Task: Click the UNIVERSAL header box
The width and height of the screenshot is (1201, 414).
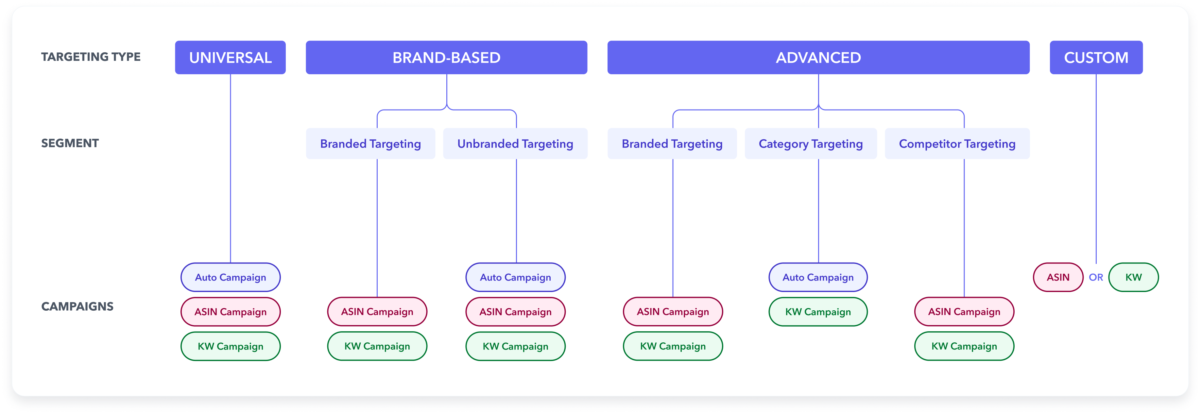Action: point(230,57)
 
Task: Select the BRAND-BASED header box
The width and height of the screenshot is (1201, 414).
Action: point(446,57)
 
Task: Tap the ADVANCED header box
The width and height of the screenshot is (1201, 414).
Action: point(818,57)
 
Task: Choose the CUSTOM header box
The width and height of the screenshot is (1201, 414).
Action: point(1096,57)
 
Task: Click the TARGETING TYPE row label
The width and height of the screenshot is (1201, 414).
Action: point(91,57)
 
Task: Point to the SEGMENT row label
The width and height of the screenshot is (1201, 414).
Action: point(70,143)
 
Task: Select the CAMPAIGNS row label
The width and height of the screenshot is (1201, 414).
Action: point(77,306)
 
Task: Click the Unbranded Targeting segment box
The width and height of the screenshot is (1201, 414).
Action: point(515,144)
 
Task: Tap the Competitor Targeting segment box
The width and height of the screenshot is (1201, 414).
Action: point(957,144)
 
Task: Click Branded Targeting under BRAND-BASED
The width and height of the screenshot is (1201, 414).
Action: point(370,144)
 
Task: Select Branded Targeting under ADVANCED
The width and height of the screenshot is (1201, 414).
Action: point(672,144)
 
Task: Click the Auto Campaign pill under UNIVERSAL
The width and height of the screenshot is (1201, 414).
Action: point(230,277)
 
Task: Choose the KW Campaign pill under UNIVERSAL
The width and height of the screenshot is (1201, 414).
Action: point(230,346)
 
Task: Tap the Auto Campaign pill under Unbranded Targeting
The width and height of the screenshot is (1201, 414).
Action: point(515,277)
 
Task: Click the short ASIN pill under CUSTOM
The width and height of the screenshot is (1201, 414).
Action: point(1058,277)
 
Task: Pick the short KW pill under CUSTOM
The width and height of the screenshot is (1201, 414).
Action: point(1133,277)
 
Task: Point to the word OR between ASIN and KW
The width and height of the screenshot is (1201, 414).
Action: point(1096,277)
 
